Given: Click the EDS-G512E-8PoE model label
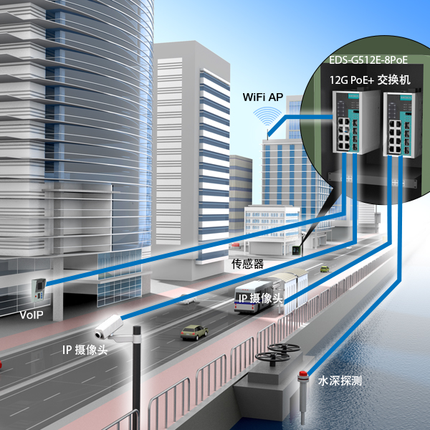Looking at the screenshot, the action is [x=368, y=59].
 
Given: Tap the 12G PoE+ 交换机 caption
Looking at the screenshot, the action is [x=370, y=80].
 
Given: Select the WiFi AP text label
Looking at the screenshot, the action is [x=263, y=97].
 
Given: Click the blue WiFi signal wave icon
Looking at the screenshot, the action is [x=267, y=116].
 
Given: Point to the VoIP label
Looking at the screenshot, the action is [x=32, y=315].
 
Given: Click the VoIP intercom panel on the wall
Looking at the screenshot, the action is [x=39, y=290].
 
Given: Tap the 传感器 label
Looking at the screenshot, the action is [x=247, y=264].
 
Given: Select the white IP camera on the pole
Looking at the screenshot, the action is [x=109, y=328].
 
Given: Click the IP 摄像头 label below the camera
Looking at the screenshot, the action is [x=85, y=350].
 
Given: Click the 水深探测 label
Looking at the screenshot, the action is [x=340, y=381].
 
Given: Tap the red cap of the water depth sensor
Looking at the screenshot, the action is [x=303, y=374].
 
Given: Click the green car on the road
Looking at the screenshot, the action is [x=194, y=333].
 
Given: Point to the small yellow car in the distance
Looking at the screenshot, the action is [x=325, y=269].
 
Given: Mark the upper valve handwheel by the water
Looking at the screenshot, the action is [x=284, y=348].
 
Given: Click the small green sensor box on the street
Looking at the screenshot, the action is [x=296, y=250].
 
